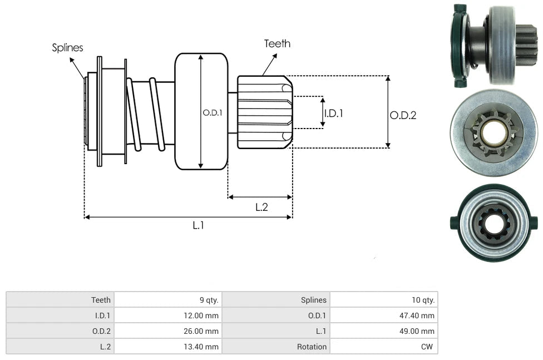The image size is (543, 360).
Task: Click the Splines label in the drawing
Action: click(67, 47)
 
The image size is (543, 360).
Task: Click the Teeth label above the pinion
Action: click(278, 43)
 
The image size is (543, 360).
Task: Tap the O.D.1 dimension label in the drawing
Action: click(213, 112)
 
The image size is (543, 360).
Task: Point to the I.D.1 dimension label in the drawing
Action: click(333, 114)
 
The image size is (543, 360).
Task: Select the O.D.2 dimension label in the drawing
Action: click(403, 115)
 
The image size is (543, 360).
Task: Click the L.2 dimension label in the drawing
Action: click(261, 207)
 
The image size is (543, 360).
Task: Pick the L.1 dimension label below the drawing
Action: click(198, 225)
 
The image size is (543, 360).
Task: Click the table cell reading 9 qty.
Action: click(168, 300)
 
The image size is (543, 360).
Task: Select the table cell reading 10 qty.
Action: click(384, 300)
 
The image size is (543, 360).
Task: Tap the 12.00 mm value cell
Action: click(168, 315)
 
